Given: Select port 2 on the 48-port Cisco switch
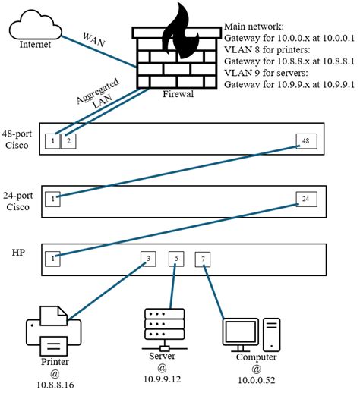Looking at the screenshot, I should click(68, 140).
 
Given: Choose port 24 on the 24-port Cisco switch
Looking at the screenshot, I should click(305, 199).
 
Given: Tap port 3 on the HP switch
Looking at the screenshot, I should click(149, 259).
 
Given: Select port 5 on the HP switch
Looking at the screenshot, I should click(176, 259).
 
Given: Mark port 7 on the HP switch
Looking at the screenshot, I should click(203, 259).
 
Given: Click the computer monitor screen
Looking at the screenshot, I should click(242, 331).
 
